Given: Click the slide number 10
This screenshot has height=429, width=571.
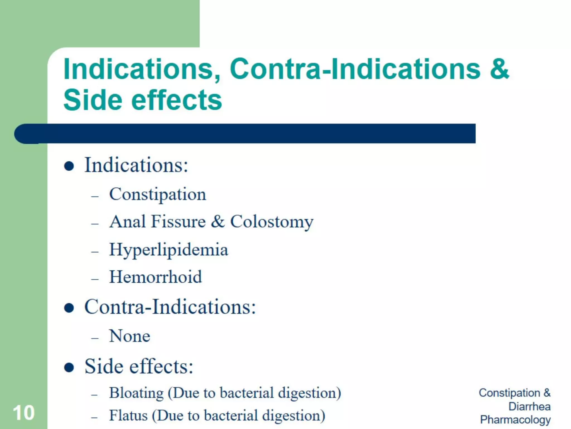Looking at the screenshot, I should coord(24,413).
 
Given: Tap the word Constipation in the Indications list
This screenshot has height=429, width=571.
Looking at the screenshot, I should coord(158,194).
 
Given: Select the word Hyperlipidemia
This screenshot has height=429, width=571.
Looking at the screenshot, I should coord(168,249).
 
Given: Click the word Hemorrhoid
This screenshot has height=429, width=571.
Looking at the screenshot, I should coord(155,277).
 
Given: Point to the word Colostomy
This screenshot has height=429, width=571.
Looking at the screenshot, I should coord(272,222).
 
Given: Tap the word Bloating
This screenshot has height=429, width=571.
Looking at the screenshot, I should coord(136,393).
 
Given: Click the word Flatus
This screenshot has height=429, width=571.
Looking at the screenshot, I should coord(128,415).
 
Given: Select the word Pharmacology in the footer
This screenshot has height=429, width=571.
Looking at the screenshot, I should coord(515,420).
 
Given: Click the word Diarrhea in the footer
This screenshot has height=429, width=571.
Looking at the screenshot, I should coord(529,406).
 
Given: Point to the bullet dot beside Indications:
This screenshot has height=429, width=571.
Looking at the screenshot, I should coord(69,166).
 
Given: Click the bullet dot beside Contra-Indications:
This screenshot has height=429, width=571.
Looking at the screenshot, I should coord(69,308).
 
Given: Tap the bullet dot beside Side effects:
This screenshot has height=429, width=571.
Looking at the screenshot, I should coord(69,367).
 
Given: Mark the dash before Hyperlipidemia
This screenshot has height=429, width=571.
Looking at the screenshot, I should coord(95,252).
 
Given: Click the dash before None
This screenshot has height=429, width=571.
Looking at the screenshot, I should coord(95,338).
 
